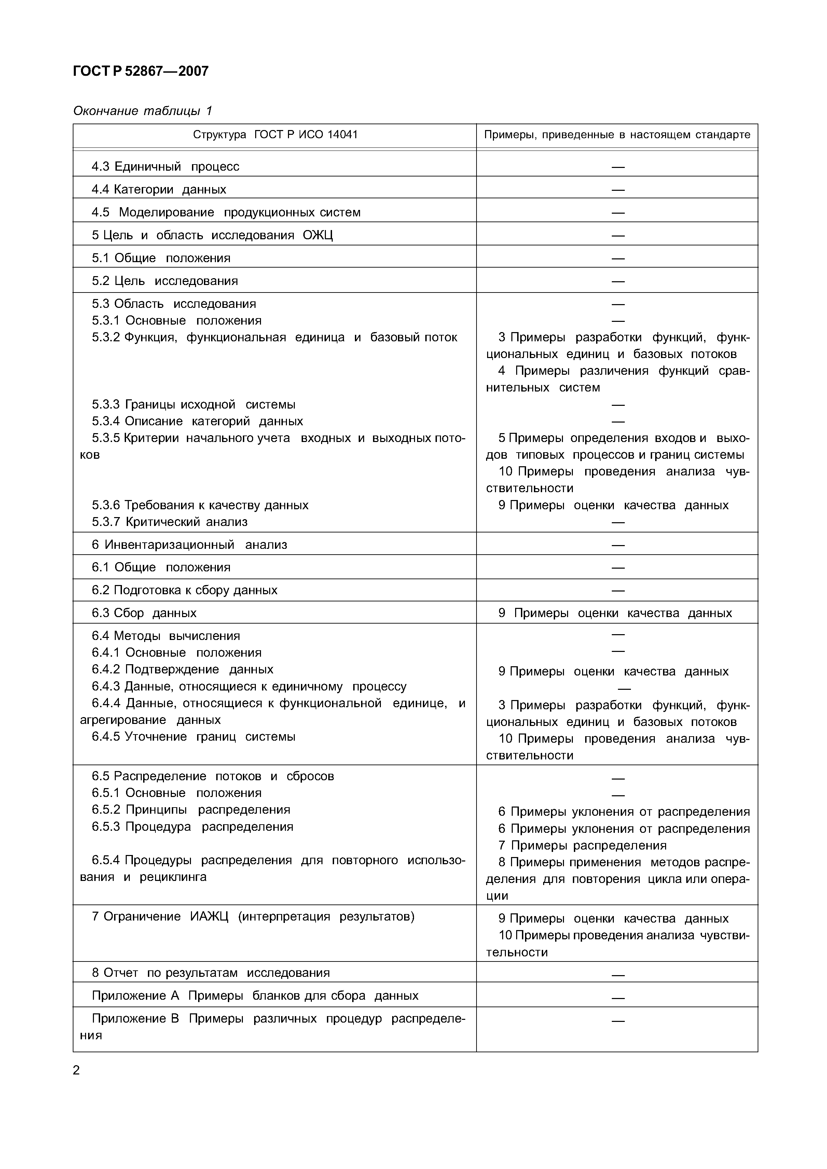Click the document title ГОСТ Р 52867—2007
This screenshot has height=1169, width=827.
(x=141, y=71)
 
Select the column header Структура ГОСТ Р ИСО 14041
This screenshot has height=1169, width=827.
(x=275, y=135)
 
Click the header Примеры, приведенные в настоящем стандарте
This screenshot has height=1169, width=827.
(x=617, y=135)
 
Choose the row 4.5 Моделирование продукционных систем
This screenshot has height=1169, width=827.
(x=226, y=212)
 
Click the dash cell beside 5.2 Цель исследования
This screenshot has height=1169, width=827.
(x=618, y=281)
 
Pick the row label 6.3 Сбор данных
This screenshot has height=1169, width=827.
(x=144, y=613)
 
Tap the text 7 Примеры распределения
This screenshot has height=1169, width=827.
(x=582, y=846)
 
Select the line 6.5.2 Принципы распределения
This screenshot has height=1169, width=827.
(x=191, y=810)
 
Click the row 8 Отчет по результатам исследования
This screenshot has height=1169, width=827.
(x=210, y=973)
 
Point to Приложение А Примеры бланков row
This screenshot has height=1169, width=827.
(x=255, y=996)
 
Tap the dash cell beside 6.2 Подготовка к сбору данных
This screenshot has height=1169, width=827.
(x=618, y=590)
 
